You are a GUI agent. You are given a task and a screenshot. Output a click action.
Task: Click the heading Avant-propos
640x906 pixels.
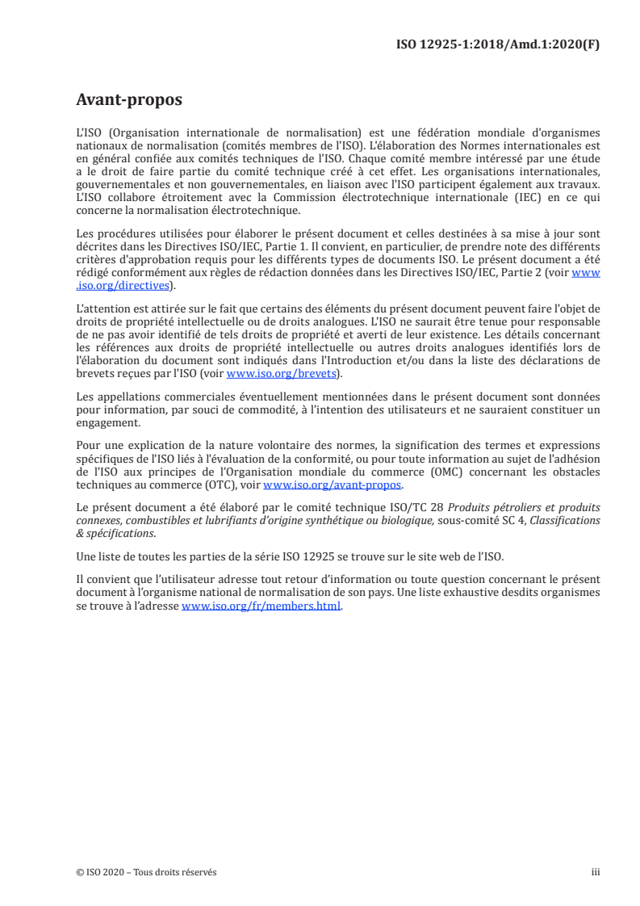click(128, 100)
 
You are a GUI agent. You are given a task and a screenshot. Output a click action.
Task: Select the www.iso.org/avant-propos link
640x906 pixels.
click(332, 484)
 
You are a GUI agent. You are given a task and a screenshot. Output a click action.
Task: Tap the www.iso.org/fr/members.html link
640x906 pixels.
click(261, 607)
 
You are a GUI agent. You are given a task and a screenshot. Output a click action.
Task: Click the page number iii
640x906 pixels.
click(596, 872)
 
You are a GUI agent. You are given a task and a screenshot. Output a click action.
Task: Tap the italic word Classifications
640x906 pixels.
click(562, 520)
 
